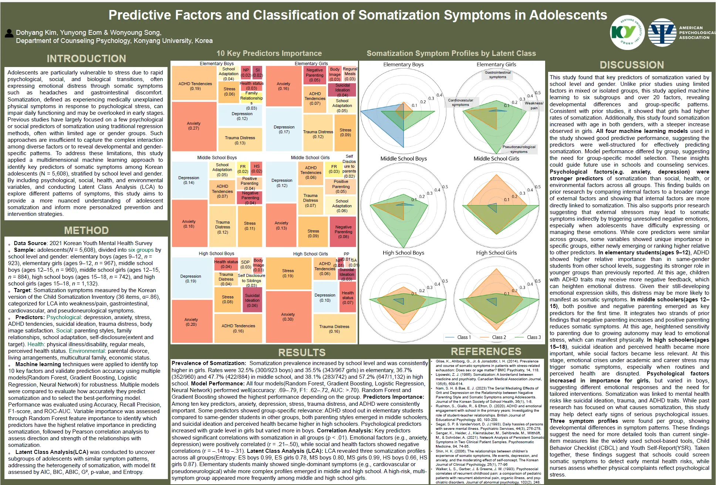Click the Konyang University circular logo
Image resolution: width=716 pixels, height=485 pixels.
point(627,33)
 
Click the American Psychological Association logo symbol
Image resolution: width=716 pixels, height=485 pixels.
point(662,33)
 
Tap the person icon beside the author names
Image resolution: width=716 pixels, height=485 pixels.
point(9,33)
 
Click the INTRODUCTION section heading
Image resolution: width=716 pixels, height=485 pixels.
point(86,58)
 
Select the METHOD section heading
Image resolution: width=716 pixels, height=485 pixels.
point(86,230)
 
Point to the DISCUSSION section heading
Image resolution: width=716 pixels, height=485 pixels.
point(632,65)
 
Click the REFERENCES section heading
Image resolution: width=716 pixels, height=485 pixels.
point(486,351)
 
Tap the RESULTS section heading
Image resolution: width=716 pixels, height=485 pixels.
point(302,352)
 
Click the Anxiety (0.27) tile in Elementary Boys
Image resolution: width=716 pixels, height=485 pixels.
point(194,126)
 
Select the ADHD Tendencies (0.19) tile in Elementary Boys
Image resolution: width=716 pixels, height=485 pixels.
point(195,86)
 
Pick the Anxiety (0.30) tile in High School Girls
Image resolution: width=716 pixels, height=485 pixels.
point(288,317)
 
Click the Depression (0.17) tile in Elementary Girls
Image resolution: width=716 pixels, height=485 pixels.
point(284,129)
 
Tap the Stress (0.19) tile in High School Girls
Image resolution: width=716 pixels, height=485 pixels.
point(288,273)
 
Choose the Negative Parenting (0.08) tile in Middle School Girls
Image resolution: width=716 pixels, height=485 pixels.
point(343,232)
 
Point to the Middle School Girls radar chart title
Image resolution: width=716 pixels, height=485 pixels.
point(496,158)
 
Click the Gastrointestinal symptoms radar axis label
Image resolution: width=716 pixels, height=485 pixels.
point(498,74)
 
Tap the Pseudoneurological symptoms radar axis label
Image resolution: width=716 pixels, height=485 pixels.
point(519,149)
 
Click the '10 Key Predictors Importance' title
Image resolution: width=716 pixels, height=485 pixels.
point(269,53)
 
